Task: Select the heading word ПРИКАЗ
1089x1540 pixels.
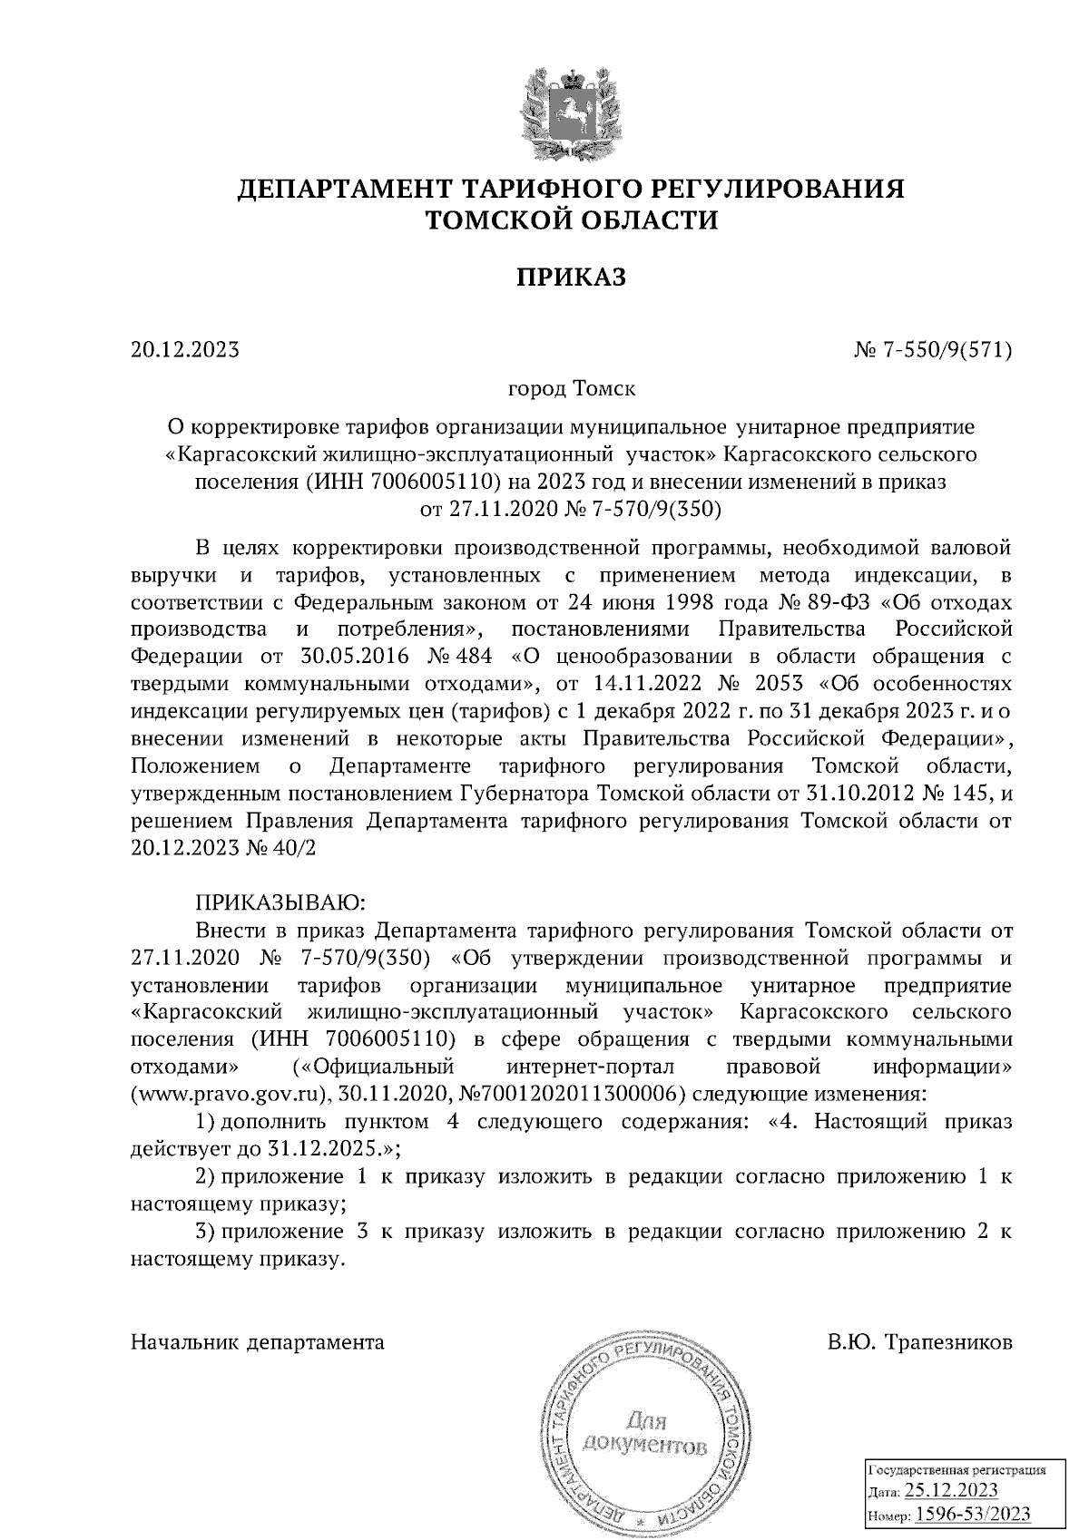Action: click(x=571, y=277)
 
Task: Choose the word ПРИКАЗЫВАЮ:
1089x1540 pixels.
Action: click(x=280, y=903)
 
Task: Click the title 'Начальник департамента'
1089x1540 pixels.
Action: click(x=257, y=1342)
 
